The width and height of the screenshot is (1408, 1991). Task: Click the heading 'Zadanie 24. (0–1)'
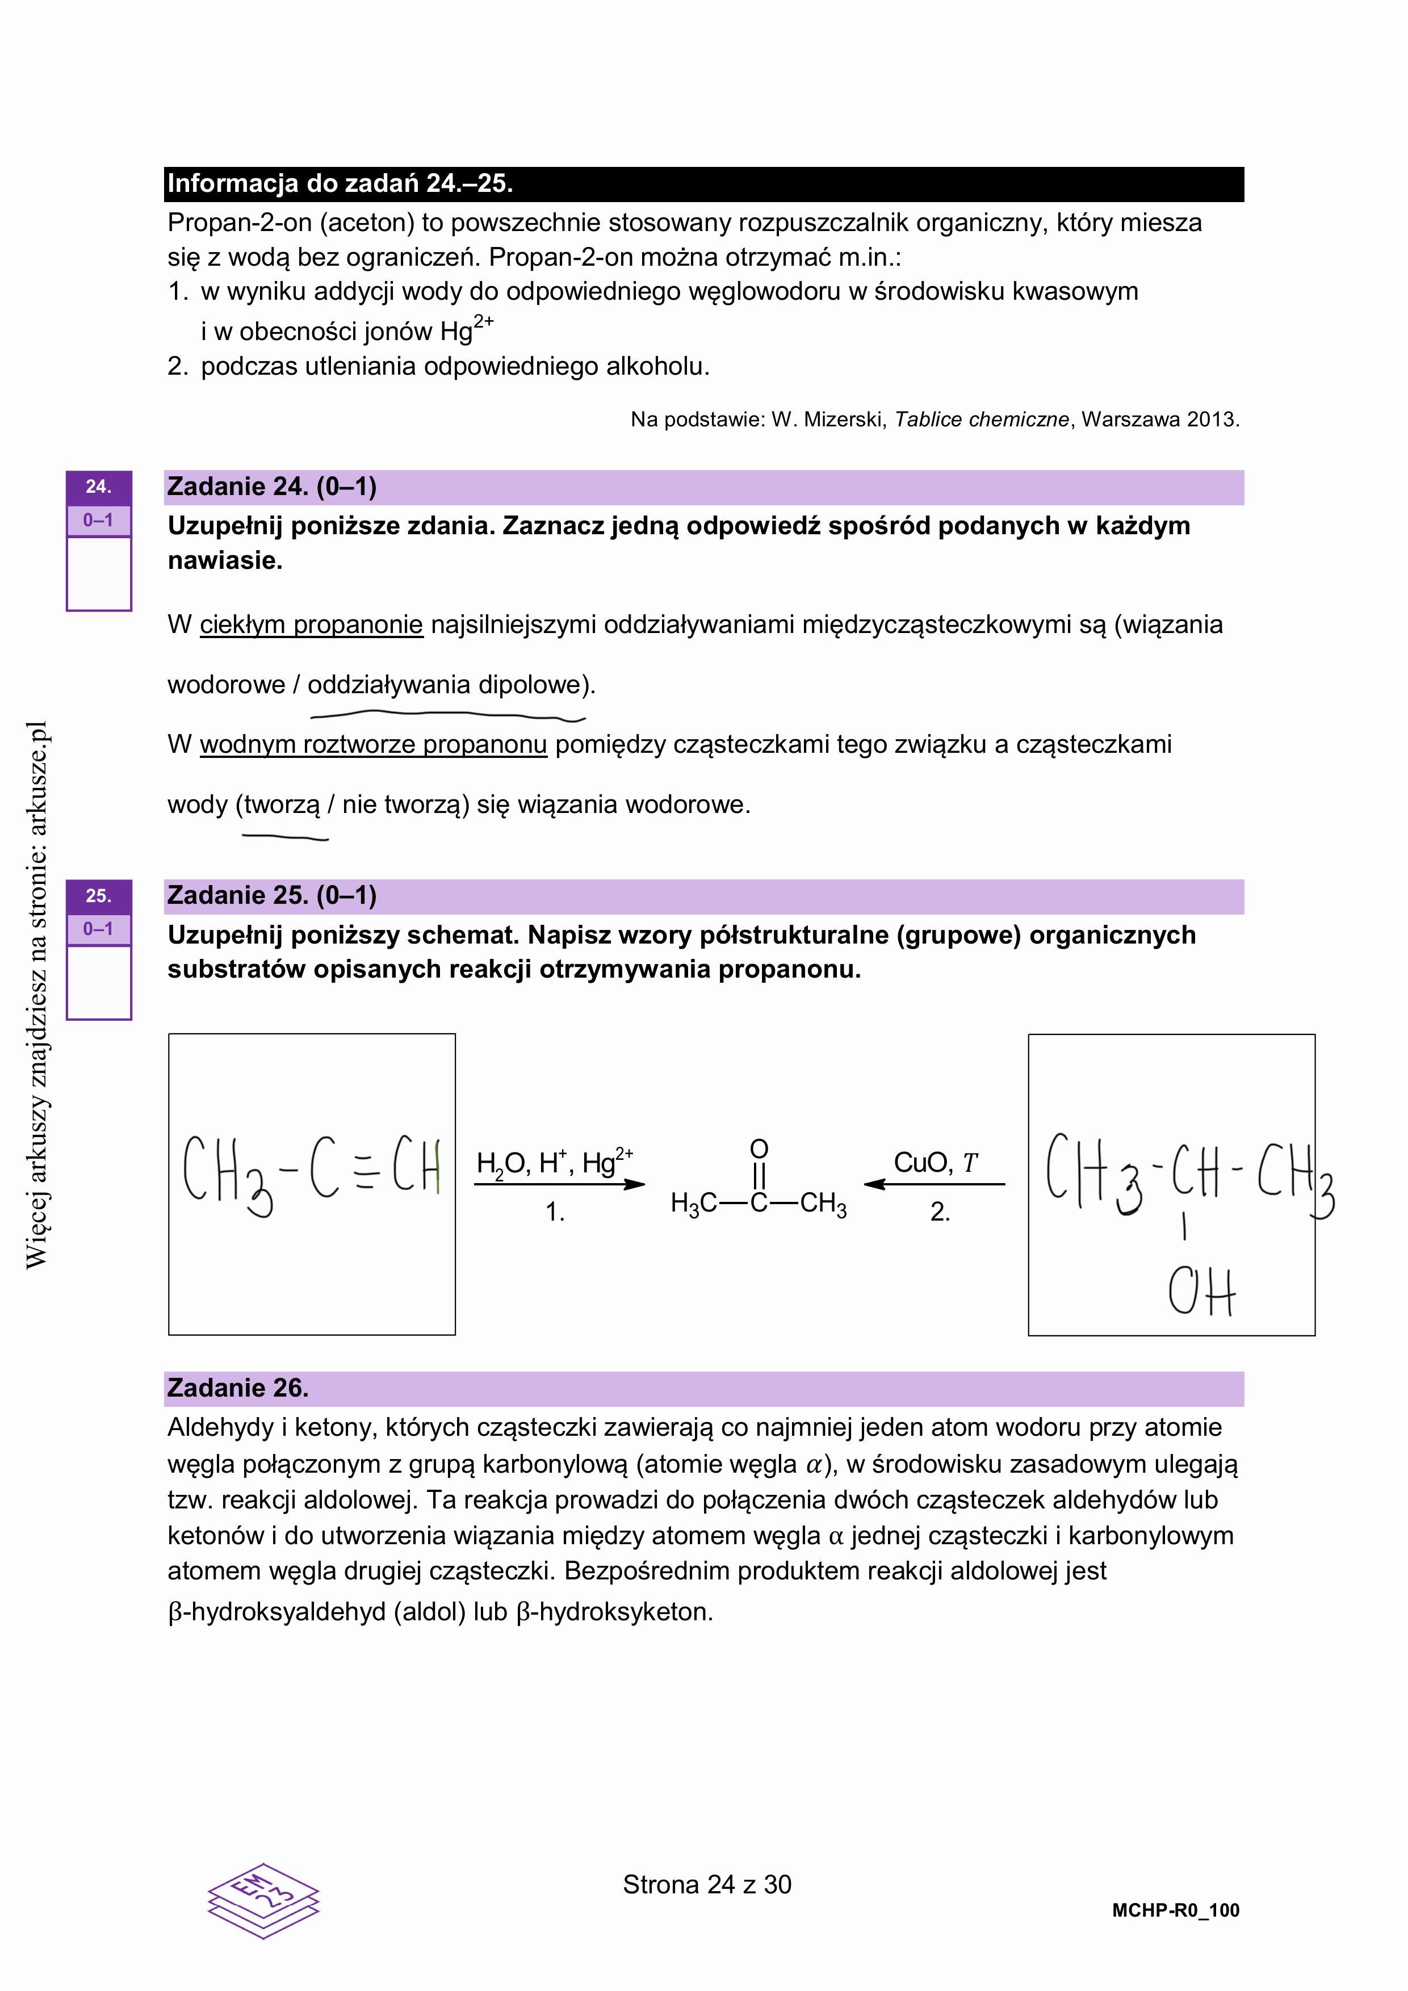point(271,487)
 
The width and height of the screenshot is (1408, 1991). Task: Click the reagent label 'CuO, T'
point(935,1162)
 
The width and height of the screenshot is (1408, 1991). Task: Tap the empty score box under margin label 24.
point(99,573)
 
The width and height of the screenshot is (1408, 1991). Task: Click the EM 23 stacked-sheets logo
point(263,1901)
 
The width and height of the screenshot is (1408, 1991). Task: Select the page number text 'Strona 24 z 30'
point(707,1884)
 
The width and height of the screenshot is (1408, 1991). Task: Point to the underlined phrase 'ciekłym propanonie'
point(311,624)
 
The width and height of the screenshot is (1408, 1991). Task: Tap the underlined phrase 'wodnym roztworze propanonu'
point(374,744)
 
